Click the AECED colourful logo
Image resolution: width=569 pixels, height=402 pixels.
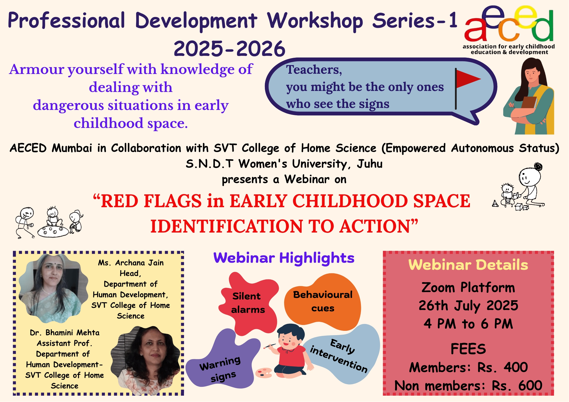pos(509,24)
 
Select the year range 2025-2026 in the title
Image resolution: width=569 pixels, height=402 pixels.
pos(230,48)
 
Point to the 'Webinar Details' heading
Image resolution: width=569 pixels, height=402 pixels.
pos(468,265)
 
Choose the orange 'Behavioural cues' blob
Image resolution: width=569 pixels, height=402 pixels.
pos(323,301)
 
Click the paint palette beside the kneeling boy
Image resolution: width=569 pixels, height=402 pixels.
pos(264,373)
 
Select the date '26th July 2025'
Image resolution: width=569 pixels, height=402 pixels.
pos(468,305)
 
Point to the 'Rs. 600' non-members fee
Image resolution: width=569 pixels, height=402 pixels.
pos(517,386)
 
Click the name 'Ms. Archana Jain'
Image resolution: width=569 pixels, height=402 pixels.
pos(131,263)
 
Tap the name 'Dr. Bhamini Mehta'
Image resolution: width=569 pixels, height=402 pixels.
pos(65,332)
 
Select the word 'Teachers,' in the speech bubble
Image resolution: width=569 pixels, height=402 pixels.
pos(314,70)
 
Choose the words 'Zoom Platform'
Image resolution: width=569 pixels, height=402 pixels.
pos(468,288)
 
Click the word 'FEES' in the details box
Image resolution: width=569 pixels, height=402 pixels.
pos(468,349)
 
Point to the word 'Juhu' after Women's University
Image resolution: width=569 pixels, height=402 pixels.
pos(370,164)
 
